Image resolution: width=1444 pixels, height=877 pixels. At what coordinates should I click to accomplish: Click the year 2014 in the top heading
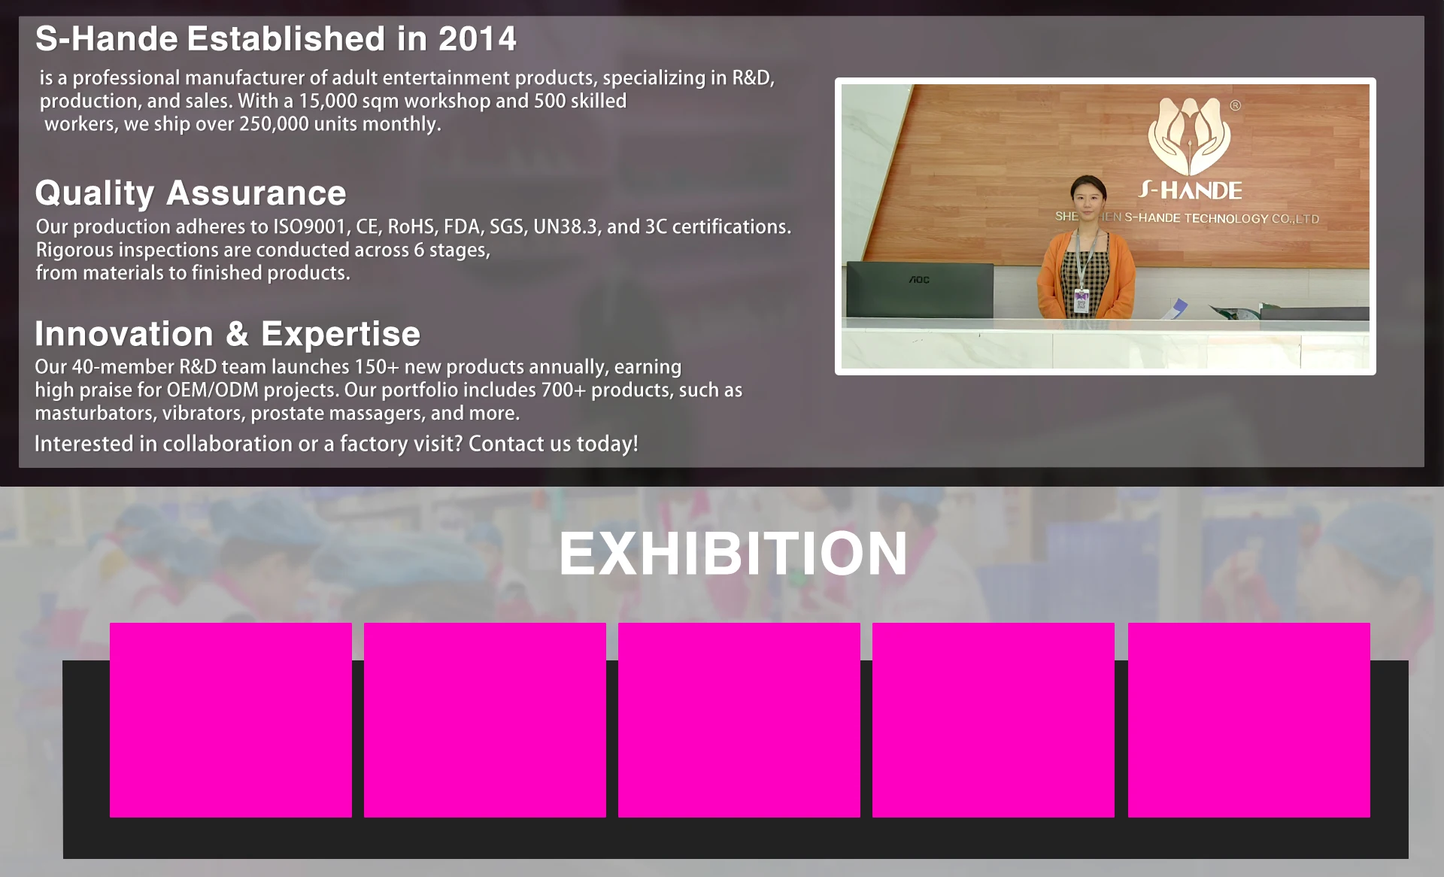(x=477, y=39)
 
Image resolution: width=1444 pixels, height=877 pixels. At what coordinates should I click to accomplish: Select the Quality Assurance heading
(x=190, y=193)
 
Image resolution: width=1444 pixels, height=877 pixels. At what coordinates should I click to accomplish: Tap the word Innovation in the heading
(x=124, y=334)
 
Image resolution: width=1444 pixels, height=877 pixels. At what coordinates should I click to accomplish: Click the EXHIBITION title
(x=733, y=554)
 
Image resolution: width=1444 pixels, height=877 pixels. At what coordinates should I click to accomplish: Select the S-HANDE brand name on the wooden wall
(x=1191, y=190)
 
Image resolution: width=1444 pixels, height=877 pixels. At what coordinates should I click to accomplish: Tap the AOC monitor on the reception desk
(x=920, y=290)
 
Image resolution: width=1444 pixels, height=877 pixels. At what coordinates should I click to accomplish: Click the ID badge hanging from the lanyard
(x=1081, y=300)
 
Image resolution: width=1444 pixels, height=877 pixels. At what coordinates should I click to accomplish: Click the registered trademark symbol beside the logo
(x=1235, y=105)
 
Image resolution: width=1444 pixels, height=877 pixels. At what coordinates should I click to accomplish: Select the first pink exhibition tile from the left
(x=231, y=720)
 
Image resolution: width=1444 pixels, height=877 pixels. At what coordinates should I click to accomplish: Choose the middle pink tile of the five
(x=739, y=720)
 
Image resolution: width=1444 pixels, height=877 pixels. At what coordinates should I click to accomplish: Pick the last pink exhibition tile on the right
(x=1249, y=720)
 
